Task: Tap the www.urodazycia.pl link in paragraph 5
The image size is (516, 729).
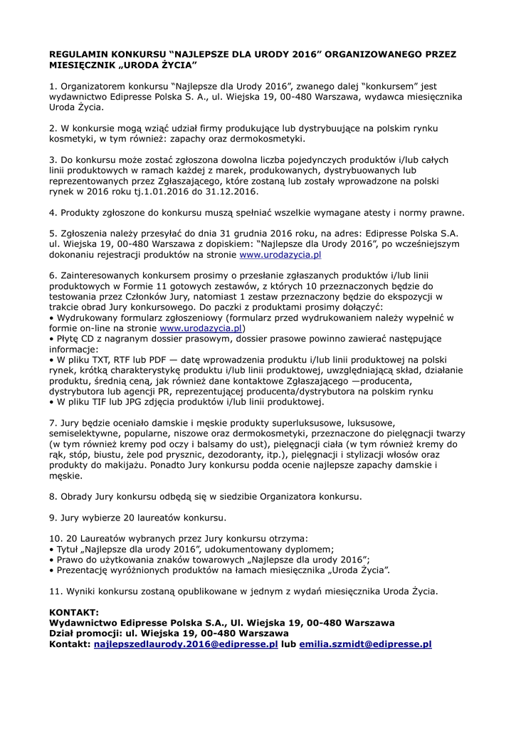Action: (x=280, y=253)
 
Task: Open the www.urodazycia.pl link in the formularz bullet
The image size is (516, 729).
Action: (x=201, y=328)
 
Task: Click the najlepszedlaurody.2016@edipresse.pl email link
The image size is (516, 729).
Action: (x=186, y=644)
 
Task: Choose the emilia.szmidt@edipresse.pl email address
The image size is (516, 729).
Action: (x=365, y=644)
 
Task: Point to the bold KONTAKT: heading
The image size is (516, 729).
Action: (x=74, y=612)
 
